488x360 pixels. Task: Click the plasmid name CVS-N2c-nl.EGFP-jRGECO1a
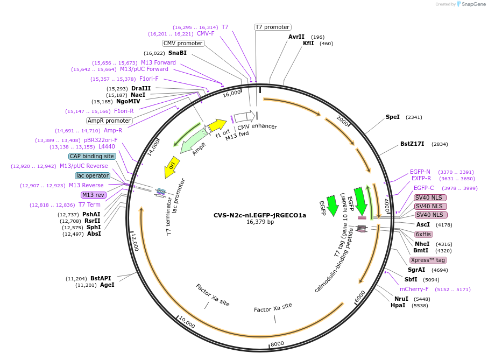[x=260, y=215]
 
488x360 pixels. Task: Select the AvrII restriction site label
[x=296, y=37]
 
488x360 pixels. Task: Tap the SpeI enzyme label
[x=392, y=117]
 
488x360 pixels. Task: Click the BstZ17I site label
[x=412, y=144]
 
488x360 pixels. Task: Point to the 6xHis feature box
[x=423, y=234]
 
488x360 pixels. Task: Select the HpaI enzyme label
[x=398, y=305]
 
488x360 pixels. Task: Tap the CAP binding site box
[x=92, y=156]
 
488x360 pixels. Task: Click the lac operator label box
[x=93, y=175]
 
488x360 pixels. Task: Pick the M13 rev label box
[x=94, y=195]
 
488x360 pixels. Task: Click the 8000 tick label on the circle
[x=277, y=344]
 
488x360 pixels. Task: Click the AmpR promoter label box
[x=109, y=121]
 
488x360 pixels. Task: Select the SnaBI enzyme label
[x=177, y=53]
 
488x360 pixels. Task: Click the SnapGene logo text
[x=471, y=4]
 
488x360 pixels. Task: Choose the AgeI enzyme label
[x=107, y=285]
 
